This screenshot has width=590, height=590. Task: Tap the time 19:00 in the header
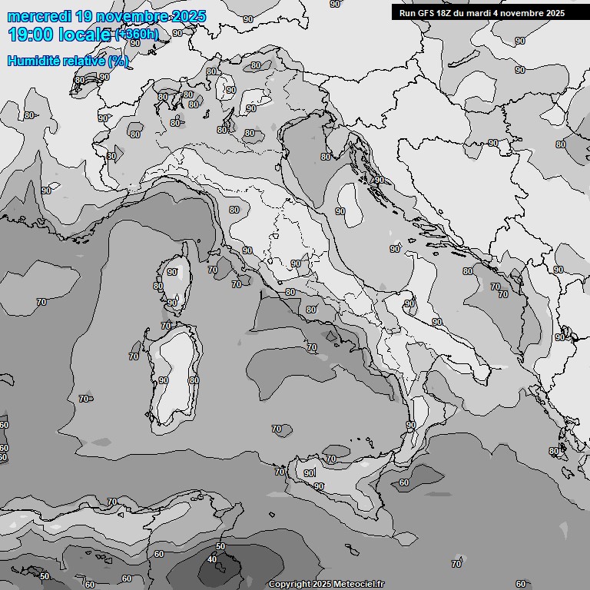coord(30,34)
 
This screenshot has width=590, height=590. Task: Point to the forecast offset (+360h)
coord(138,35)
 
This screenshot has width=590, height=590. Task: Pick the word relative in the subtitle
coord(83,61)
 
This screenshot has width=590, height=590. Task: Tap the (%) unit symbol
coord(118,61)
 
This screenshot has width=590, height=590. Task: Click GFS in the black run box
coord(426,13)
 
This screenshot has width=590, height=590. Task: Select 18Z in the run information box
coord(445,13)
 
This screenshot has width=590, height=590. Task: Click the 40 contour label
coord(212,559)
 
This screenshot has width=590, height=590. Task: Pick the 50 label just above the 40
coord(220,546)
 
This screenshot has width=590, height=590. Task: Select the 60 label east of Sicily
coord(404,482)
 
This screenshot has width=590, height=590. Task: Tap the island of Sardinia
coord(173,376)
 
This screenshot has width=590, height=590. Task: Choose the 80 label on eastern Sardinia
coord(194,380)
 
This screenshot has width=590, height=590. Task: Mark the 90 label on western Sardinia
coord(163,380)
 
